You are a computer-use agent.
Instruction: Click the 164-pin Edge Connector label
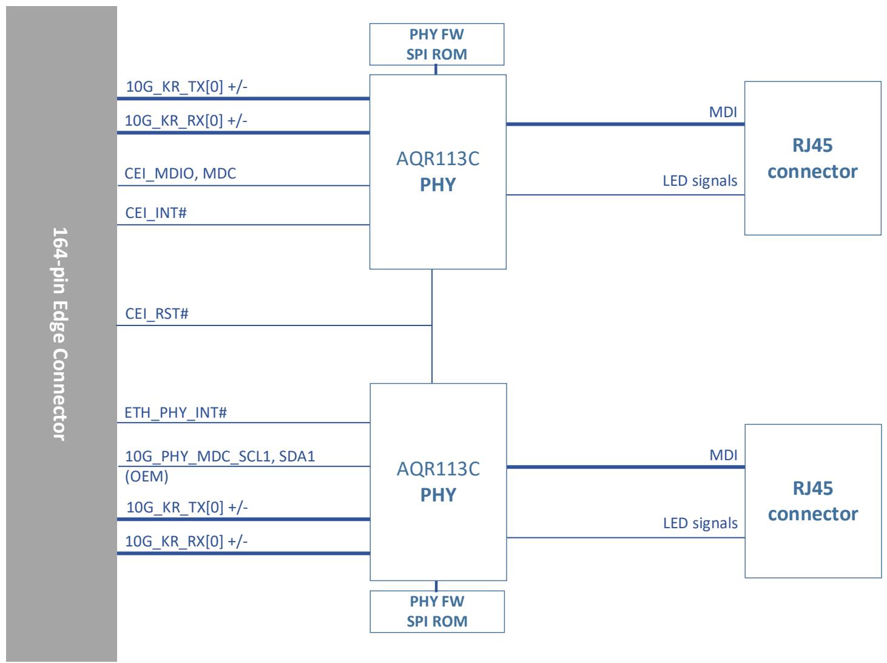(60, 334)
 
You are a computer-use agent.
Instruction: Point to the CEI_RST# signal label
(157, 314)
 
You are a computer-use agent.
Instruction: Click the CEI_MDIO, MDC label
(180, 174)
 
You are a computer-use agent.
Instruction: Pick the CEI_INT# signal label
(156, 213)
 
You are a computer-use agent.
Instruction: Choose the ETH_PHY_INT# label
(175, 413)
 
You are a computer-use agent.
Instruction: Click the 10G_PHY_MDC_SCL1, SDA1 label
(220, 457)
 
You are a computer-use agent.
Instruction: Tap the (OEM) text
(146, 476)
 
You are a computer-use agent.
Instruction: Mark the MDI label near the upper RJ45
(723, 112)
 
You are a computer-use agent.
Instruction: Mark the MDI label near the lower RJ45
(723, 455)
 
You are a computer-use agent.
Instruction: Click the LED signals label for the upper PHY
(700, 181)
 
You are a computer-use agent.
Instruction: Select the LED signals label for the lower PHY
(700, 523)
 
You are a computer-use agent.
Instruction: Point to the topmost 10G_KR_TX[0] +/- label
(187, 86)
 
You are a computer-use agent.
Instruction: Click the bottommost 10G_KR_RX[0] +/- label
(186, 542)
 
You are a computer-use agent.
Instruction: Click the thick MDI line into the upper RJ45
(625, 124)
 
